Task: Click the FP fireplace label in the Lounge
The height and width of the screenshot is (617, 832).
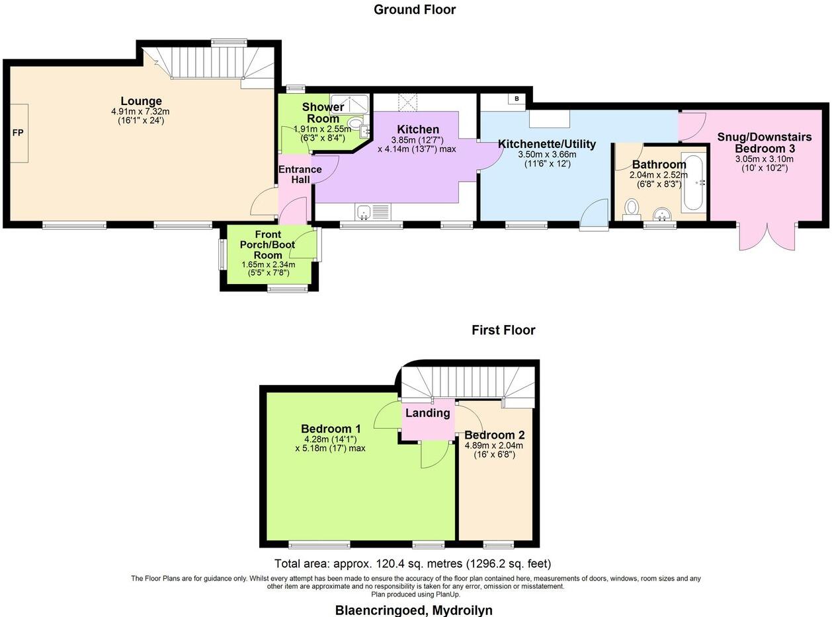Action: coord(18,133)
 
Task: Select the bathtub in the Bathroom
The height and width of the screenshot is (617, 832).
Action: coord(694,182)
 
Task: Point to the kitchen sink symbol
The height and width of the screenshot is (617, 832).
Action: coord(362,212)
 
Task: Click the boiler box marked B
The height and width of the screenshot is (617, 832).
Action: coord(517,99)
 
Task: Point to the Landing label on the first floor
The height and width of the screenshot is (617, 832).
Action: coord(428,413)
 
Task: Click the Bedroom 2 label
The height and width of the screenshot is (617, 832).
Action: coord(494,435)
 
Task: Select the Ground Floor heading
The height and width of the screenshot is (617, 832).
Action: coord(415,9)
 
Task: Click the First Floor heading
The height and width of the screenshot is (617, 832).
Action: coord(503,330)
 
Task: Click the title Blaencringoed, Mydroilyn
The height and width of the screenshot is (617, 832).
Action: coord(413,610)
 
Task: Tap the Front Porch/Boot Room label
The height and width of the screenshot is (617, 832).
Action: coord(268,245)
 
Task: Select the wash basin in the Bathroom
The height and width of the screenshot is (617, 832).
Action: coord(661,213)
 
